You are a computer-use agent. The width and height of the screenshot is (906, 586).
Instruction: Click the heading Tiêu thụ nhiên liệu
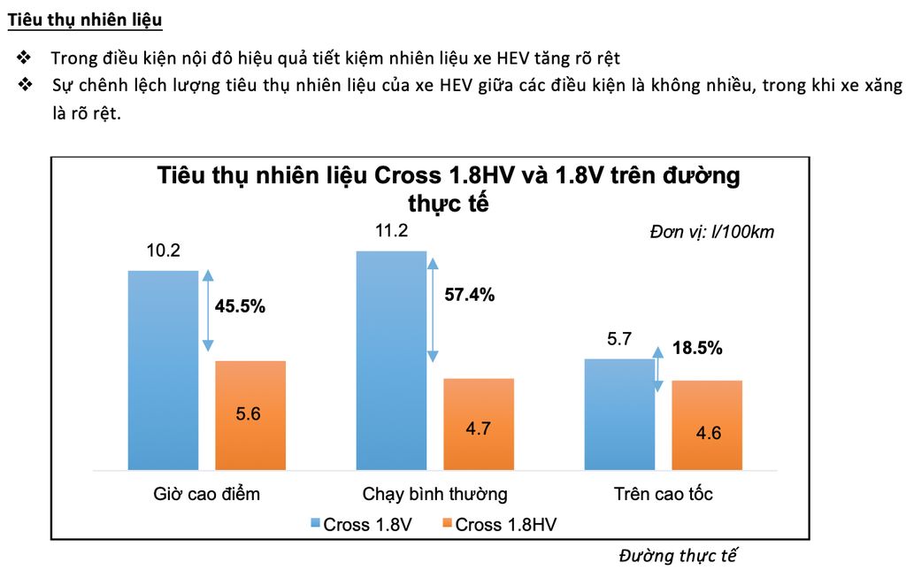pyautogui.click(x=85, y=19)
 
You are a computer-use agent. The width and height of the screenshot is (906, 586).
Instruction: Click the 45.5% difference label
pyautogui.click(x=240, y=307)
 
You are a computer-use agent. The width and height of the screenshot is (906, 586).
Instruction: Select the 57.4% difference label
pyautogui.click(x=469, y=295)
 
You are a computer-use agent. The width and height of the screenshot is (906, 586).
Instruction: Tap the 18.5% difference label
pyautogui.click(x=697, y=348)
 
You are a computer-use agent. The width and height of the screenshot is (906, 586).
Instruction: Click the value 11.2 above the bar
pyautogui.click(x=391, y=231)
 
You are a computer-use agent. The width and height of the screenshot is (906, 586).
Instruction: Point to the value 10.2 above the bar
pyautogui.click(x=163, y=251)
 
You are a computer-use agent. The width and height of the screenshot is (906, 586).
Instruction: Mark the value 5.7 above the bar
pyautogui.click(x=619, y=339)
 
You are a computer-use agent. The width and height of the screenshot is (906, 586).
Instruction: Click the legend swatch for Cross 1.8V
pyautogui.click(x=315, y=524)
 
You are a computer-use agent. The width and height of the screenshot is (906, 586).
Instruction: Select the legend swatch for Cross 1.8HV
pyautogui.click(x=447, y=524)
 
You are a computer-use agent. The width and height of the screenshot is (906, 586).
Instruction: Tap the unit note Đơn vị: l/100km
pyautogui.click(x=712, y=233)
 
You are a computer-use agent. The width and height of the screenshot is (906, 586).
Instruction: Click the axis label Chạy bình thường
pyautogui.click(x=434, y=494)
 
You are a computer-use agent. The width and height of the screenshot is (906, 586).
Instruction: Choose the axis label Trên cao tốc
pyautogui.click(x=663, y=494)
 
